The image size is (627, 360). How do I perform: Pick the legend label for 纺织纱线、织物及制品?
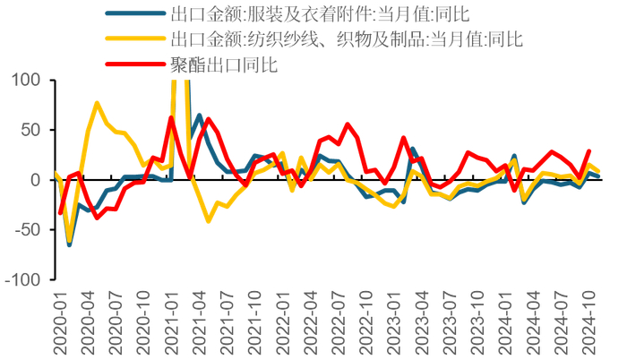pyautogui.click(x=345, y=39)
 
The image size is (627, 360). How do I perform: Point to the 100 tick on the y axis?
pyautogui.click(x=28, y=81)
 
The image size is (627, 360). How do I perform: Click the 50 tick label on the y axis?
pyautogui.click(x=32, y=130)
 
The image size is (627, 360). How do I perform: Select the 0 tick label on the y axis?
pyautogui.click(x=38, y=180)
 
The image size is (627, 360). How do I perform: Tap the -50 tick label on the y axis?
pyautogui.click(x=27, y=229)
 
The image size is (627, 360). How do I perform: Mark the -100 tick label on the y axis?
pyautogui.click(x=22, y=279)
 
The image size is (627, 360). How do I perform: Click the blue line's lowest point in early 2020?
pyautogui.click(x=69, y=244)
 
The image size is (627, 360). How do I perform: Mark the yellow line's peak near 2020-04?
pyautogui.click(x=97, y=103)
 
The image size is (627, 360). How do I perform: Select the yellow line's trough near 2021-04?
pyautogui.click(x=208, y=220)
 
